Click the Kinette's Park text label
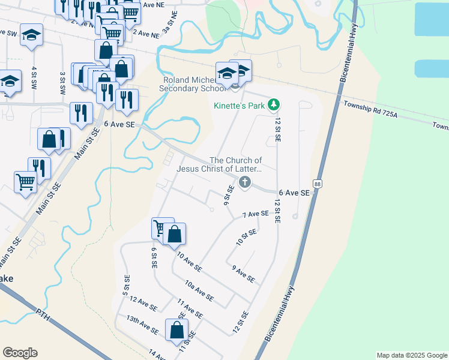click(x=240, y=106)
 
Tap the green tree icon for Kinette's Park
click(x=274, y=105)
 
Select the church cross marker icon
click(x=244, y=182)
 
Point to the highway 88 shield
click(x=318, y=184)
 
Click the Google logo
click(x=20, y=353)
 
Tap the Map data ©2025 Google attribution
click(x=411, y=355)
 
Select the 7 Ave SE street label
click(x=255, y=214)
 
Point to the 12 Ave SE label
click(x=143, y=304)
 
